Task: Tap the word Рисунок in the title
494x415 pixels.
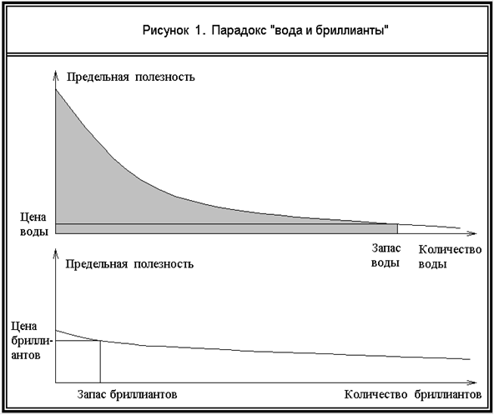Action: tap(166, 32)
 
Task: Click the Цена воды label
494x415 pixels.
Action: tap(33, 224)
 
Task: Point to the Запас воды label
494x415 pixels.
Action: tap(386, 256)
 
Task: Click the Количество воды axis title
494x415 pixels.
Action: tap(450, 257)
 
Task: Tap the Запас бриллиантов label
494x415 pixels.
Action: tap(128, 394)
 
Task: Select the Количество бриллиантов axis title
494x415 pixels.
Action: tap(413, 394)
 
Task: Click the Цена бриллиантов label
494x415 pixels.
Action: tap(30, 341)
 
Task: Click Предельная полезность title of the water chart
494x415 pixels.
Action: tap(130, 77)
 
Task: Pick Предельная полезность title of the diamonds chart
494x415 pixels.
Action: tap(129, 264)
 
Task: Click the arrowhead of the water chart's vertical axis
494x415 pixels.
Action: tap(56, 74)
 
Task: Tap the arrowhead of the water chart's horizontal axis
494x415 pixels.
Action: tap(472, 233)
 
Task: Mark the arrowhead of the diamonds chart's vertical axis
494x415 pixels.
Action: tap(56, 252)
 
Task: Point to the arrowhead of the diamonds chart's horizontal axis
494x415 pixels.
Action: tap(472, 382)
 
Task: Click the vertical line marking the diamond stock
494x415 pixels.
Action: tap(100, 362)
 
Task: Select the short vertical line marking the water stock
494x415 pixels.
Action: tap(397, 228)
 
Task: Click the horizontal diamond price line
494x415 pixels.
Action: tap(78, 341)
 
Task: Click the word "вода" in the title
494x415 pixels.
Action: tap(285, 31)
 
